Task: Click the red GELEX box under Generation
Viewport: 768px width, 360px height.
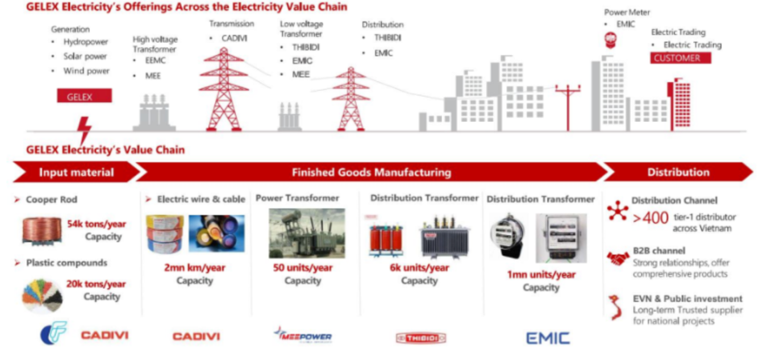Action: point(85,96)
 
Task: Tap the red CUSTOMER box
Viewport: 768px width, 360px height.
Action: point(681,58)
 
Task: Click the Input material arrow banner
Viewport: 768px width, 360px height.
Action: point(76,172)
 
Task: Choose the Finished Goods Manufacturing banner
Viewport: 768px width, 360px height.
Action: point(371,172)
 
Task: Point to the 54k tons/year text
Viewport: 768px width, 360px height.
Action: point(97,224)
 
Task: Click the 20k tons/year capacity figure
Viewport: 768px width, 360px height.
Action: point(96,284)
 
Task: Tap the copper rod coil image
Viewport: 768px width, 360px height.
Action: point(42,231)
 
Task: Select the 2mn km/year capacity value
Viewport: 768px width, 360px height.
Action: point(195,268)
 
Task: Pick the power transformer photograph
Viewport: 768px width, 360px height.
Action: point(307,233)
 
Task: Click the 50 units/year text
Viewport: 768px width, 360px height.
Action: point(303,268)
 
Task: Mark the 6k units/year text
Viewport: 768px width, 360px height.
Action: point(419,268)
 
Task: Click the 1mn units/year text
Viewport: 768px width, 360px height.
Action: point(541,275)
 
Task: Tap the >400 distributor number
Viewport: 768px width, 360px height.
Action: point(651,218)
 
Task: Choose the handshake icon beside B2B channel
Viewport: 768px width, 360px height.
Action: point(618,258)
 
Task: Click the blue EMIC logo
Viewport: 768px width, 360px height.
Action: point(548,338)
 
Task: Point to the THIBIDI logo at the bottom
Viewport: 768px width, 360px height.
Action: point(421,338)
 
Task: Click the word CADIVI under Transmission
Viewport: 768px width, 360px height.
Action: point(234,38)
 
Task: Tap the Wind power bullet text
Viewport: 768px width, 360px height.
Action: point(86,71)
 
